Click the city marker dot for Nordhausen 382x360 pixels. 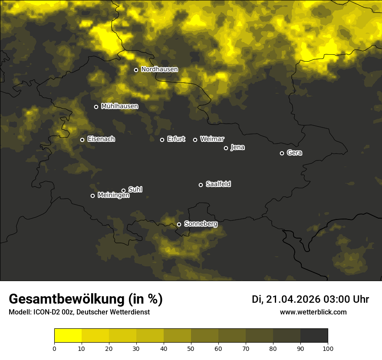(x=136, y=70)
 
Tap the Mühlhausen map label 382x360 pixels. (x=119, y=106)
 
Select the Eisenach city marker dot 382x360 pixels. (x=82, y=140)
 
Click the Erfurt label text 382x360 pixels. (x=176, y=139)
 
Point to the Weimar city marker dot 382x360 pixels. (x=195, y=140)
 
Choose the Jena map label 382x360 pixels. (x=237, y=147)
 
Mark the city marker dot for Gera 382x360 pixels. (x=282, y=153)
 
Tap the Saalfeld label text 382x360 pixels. (x=218, y=184)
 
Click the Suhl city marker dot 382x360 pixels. (x=123, y=190)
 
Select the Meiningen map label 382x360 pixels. (x=113, y=196)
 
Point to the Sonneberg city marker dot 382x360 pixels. (x=179, y=225)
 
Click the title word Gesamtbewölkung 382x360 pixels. (x=65, y=299)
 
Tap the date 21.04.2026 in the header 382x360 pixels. (x=293, y=299)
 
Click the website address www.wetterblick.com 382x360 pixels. (x=313, y=312)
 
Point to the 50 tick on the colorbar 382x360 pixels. (x=191, y=348)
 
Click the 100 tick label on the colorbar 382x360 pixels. (x=328, y=348)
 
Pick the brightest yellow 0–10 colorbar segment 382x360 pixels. (x=68, y=336)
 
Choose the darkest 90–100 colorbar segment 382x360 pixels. (x=314, y=336)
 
